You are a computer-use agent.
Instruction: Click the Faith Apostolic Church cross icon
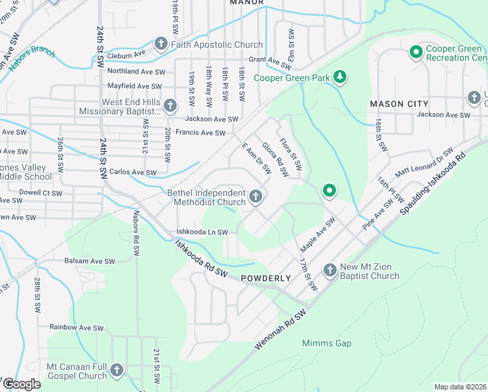161,44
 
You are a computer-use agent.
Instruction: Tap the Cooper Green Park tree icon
339,78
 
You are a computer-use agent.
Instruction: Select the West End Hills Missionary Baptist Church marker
170,106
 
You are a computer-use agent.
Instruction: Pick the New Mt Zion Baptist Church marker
330,270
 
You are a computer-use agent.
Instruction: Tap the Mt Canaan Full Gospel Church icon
117,370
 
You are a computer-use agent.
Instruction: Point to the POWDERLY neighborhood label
266,278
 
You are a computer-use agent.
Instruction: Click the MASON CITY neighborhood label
399,104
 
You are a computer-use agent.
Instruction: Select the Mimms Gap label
327,343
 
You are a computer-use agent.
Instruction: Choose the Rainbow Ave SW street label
77,327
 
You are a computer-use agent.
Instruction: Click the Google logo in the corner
22,384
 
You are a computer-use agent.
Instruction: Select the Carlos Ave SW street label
133,172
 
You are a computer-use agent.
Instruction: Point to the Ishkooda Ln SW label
202,232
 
